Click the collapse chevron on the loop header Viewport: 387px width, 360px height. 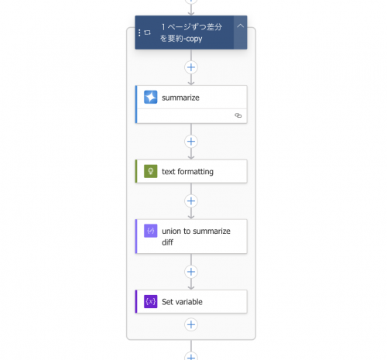240,26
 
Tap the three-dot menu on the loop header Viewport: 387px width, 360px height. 139,33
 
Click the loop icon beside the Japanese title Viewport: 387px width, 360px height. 147,33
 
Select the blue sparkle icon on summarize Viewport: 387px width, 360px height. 151,97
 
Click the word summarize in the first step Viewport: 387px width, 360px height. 180,98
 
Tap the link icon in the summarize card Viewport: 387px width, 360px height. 238,115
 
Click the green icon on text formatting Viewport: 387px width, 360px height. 151,171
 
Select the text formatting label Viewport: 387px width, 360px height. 187,172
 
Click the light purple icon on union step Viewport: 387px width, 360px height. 151,231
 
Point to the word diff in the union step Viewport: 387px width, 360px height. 167,242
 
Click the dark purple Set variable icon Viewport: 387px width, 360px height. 151,301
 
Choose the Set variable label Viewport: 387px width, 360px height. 182,302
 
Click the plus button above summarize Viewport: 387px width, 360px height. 191,67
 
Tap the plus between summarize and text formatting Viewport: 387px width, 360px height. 191,142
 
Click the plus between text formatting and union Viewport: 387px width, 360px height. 191,201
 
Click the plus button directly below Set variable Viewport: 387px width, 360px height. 191,324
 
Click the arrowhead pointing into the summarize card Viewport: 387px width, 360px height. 191,83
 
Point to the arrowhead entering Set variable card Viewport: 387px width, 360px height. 191,287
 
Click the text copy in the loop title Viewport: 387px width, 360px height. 193,39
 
